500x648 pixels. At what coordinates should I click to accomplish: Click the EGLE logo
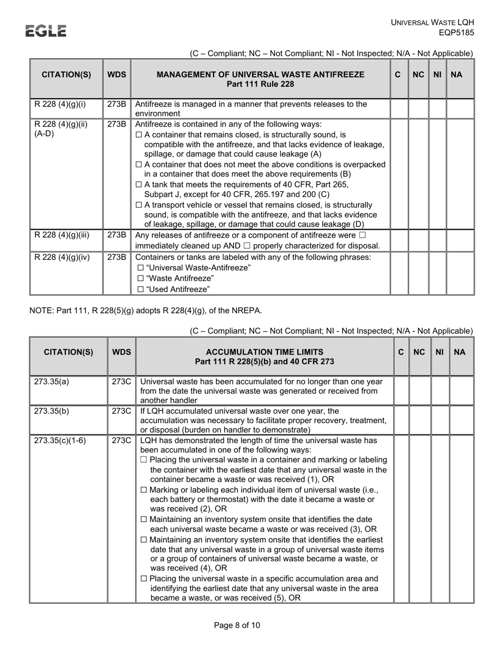coord(46,31)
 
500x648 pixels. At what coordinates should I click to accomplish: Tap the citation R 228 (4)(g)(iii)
coord(62,235)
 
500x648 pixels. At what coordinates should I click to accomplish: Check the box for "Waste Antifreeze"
coord(140,278)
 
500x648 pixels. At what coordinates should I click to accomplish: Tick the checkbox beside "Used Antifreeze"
coord(140,289)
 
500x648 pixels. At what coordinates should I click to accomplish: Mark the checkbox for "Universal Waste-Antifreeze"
coord(140,268)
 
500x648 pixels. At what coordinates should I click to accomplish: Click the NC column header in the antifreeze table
coord(418,75)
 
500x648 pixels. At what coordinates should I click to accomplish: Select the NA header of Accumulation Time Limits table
coord(459,351)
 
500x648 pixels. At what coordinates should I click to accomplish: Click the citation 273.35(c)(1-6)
coord(60,440)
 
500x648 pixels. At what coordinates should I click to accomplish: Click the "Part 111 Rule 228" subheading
coord(260,84)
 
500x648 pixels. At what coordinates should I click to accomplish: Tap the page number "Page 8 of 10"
coord(237,625)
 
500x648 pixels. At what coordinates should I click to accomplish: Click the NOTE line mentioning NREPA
coord(145,310)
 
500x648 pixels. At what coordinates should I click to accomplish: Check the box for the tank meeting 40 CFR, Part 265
coord(139,185)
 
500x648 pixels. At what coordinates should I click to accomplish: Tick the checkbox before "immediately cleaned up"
coord(362,235)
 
